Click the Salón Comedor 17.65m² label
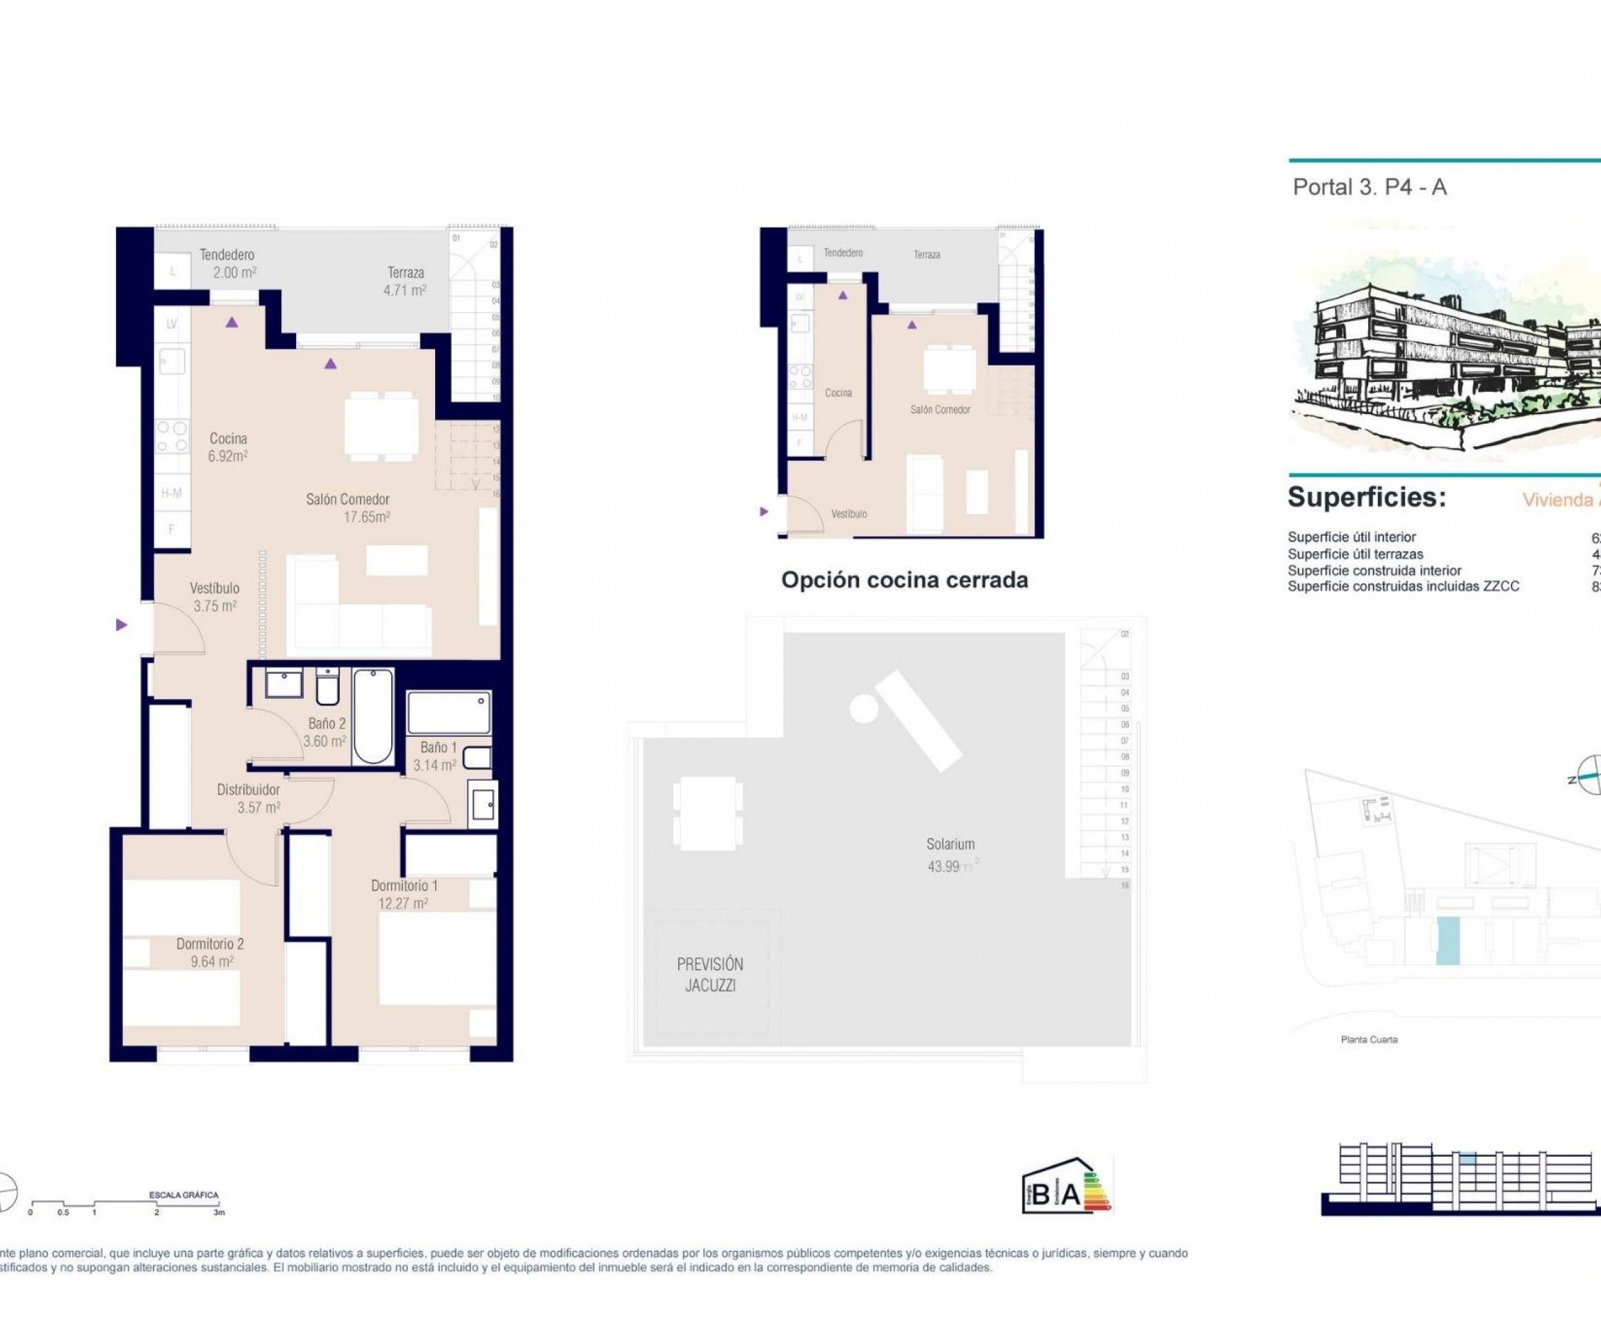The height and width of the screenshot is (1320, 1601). tap(347, 508)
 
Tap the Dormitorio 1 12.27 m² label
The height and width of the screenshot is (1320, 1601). tap(404, 894)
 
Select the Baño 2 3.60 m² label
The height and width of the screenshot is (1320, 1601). tap(325, 732)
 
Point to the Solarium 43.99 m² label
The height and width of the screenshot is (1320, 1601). tap(950, 854)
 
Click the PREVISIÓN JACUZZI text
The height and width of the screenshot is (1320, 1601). tap(709, 974)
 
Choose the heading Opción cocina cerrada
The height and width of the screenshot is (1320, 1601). tap(904, 580)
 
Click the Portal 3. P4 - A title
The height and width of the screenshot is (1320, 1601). tap(1369, 187)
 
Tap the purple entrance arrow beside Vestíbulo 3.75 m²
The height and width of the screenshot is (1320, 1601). tap(121, 625)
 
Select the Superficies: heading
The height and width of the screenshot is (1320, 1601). tap(1366, 497)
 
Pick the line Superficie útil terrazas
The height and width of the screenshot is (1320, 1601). tap(1354, 554)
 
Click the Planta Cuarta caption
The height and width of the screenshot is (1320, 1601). tap(1369, 1039)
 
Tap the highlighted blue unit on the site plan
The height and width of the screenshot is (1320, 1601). tap(1447, 941)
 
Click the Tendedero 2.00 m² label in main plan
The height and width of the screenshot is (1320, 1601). tap(227, 263)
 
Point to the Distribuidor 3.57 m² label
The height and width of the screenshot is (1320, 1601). tap(249, 798)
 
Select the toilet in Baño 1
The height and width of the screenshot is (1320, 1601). tap(477, 757)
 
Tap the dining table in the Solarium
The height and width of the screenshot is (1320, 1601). tap(707, 813)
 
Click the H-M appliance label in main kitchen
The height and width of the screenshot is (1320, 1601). tap(172, 493)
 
